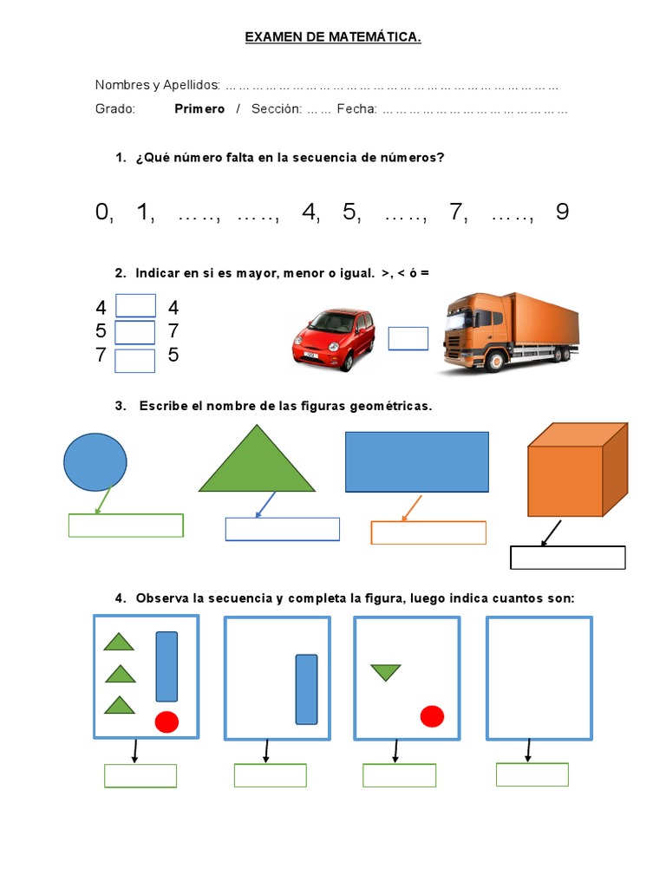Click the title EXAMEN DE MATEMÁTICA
[333, 37]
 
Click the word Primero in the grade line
[199, 109]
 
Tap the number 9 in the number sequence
[563, 212]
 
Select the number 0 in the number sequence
[103, 212]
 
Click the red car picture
[333, 340]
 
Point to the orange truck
[507, 333]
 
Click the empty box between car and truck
[408, 339]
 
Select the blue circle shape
[95, 461]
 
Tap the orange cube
[576, 470]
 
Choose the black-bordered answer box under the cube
[568, 558]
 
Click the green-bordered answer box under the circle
[126, 526]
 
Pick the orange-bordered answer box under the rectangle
[428, 532]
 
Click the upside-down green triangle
[386, 672]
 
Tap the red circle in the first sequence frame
[166, 721]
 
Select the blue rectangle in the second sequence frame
[306, 689]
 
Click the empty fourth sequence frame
[539, 678]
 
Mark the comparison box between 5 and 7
[135, 332]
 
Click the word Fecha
[356, 109]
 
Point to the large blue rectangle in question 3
[417, 462]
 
